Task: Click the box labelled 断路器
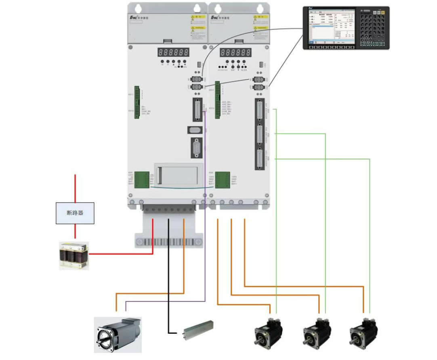(75, 213)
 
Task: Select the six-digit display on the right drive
(235, 52)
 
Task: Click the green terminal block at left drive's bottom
(141, 179)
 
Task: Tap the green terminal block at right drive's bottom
(222, 179)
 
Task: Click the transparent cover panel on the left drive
(178, 175)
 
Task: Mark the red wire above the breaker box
(75, 188)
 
